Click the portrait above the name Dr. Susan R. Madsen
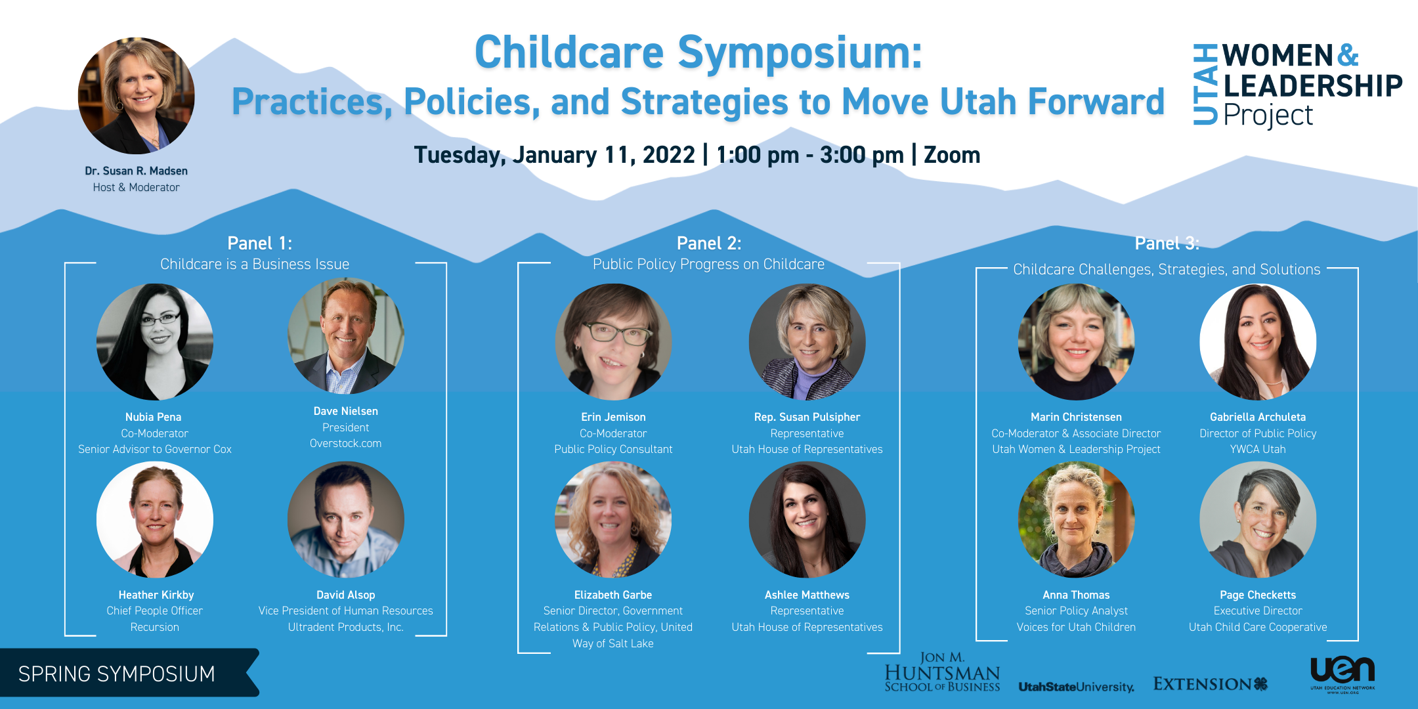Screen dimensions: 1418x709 point(137,96)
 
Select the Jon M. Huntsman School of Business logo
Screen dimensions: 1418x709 point(942,672)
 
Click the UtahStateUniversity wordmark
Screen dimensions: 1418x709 point(1077,687)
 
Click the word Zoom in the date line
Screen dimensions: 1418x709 point(952,155)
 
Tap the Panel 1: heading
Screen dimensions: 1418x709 point(260,244)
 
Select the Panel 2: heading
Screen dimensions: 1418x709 point(709,244)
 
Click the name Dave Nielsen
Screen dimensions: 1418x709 point(346,411)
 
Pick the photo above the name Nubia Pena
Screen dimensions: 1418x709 point(155,342)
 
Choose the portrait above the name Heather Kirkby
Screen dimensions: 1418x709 point(155,520)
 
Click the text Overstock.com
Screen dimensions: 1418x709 point(346,444)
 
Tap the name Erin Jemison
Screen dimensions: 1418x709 point(613,417)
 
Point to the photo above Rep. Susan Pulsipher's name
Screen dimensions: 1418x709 point(807,342)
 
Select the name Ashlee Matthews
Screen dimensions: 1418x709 point(807,595)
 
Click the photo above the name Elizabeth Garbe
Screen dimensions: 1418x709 point(613,520)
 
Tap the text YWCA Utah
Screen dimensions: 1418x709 point(1258,450)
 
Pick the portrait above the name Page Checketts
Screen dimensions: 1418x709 point(1258,520)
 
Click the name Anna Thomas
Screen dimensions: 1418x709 point(1077,595)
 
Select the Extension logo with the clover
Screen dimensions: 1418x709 point(1211,684)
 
